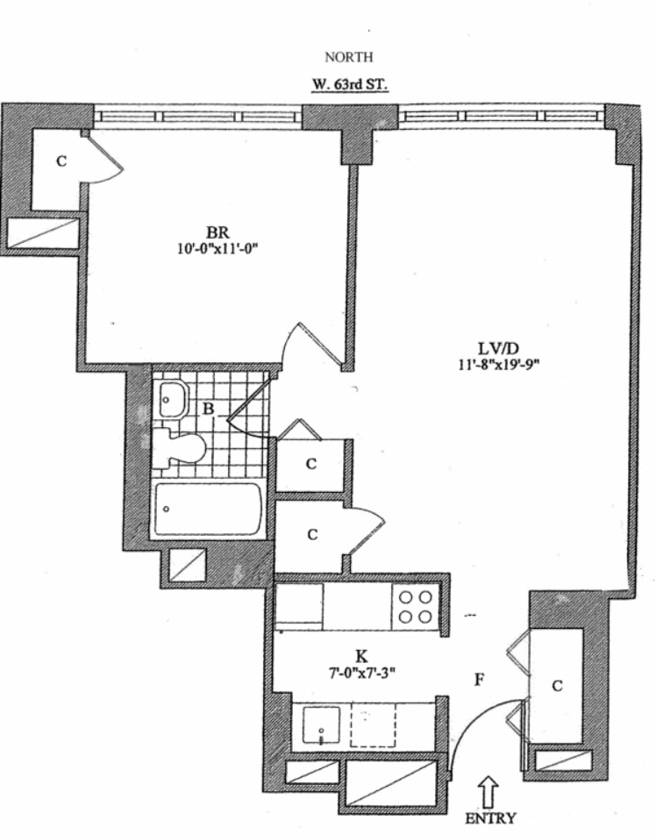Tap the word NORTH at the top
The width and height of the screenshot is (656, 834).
[349, 58]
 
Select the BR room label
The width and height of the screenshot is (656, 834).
[217, 232]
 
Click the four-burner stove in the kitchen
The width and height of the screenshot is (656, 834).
[414, 605]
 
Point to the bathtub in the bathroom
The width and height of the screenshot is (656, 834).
[207, 510]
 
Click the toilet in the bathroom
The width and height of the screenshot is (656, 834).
[179, 448]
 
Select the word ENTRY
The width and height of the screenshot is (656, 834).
[491, 817]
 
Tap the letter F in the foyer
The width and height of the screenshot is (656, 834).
[479, 677]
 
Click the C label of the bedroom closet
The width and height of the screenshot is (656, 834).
[61, 160]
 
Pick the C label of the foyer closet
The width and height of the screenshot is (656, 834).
[556, 687]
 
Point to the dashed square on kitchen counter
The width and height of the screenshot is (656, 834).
[373, 726]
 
